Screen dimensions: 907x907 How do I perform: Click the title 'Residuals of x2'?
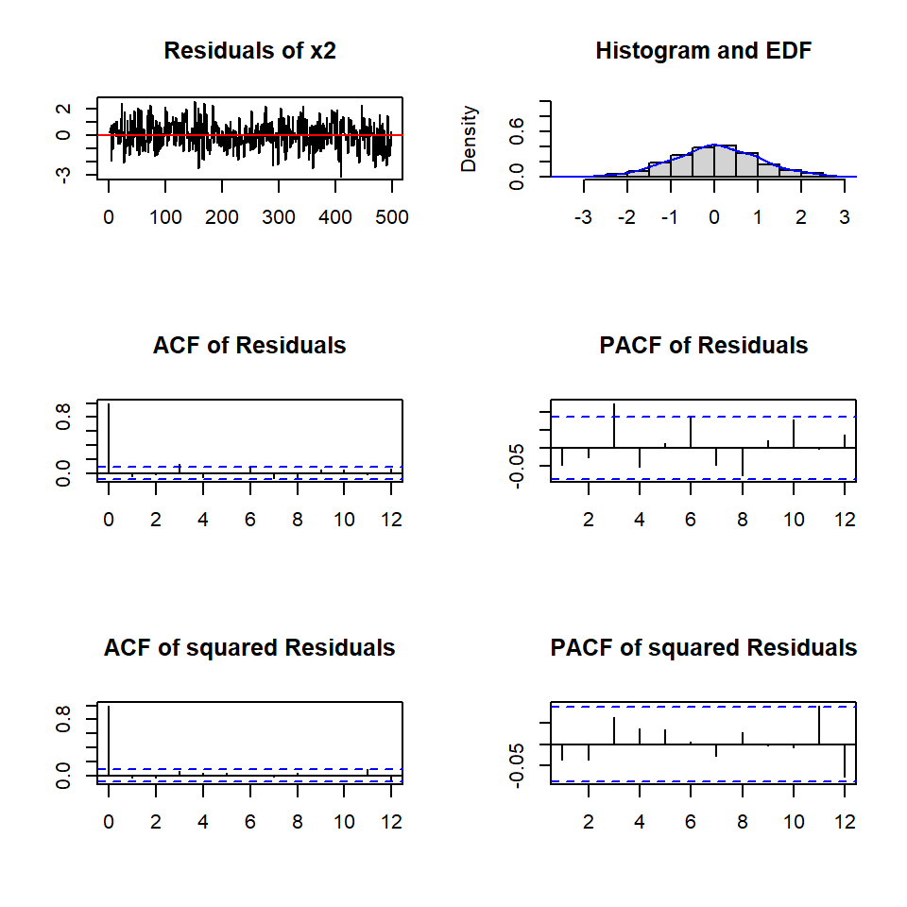[249, 51]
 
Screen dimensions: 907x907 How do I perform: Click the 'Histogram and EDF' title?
[703, 51]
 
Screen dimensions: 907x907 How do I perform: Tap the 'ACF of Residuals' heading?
[249, 346]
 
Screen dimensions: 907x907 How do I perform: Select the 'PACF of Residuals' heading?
[703, 346]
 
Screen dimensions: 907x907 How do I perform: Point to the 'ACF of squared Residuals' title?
[249, 648]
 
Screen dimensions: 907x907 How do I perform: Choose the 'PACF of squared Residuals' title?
[703, 648]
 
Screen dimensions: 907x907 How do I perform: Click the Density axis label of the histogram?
[470, 139]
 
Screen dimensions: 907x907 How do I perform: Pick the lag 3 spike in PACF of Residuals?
[614, 426]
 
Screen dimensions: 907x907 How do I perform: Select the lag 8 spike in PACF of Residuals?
[743, 461]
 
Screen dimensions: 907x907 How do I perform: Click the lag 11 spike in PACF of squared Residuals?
[819, 726]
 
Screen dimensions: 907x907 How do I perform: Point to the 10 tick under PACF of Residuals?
[794, 519]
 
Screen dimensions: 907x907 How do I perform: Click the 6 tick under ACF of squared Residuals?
[250, 821]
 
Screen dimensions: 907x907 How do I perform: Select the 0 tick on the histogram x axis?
[714, 216]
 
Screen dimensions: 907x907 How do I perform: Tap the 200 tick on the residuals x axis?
[222, 216]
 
